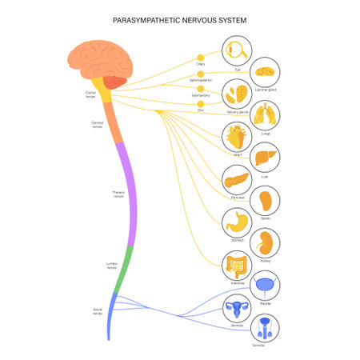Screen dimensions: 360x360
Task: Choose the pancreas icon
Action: pos(238,180)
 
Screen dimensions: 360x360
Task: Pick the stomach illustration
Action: pos(238,220)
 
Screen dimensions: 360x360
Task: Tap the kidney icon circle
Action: pos(265,242)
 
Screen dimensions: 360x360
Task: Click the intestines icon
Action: pos(238,264)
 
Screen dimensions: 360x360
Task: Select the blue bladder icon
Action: pos(265,286)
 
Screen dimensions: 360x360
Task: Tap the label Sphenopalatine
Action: pos(201,81)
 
